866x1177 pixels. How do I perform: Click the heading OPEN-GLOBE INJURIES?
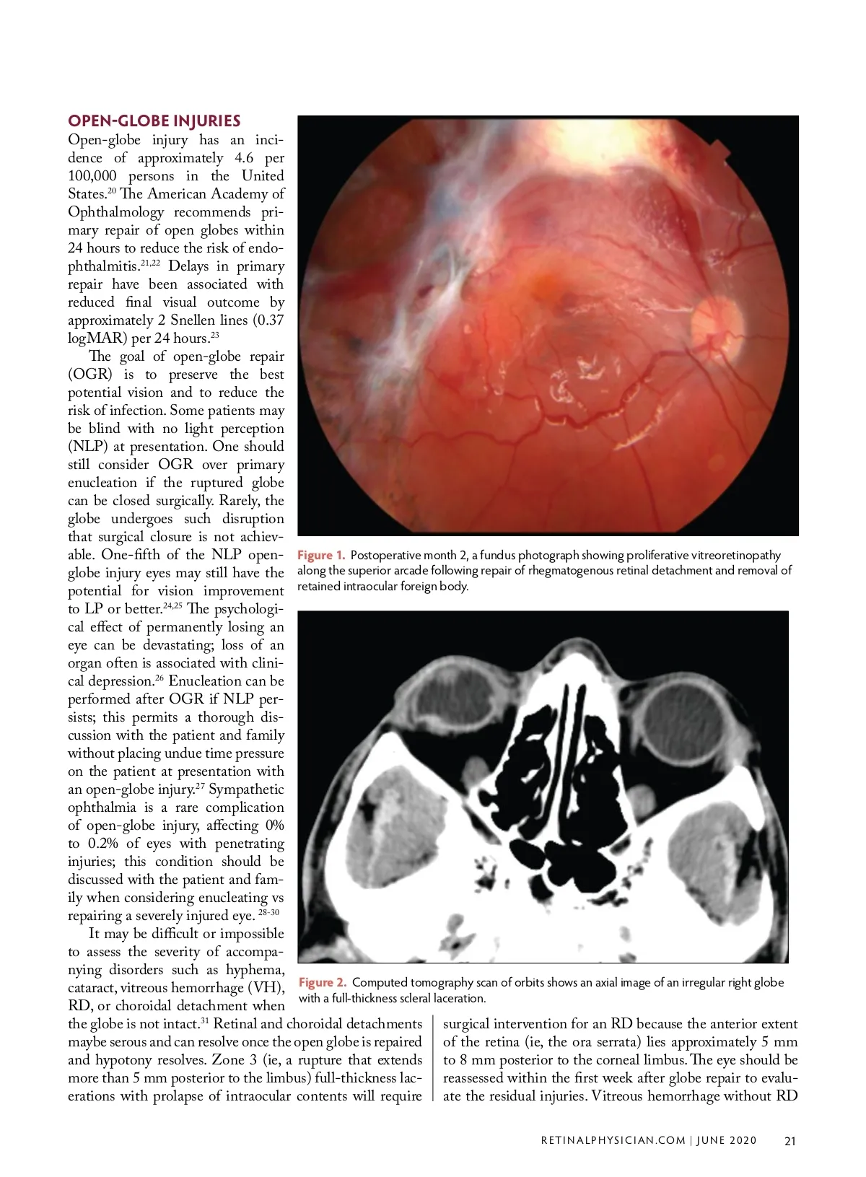click(x=154, y=121)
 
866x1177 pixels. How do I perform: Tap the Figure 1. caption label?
click(x=321, y=555)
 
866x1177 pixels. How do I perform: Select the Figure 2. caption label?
click(x=323, y=983)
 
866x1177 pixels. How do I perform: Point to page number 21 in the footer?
click(x=790, y=1141)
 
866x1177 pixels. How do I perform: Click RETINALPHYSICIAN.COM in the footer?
click(x=613, y=1141)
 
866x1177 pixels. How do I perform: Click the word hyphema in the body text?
click(x=255, y=970)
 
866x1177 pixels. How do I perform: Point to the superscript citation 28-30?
click(x=268, y=913)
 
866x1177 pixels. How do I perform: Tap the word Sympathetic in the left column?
click(x=246, y=789)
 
